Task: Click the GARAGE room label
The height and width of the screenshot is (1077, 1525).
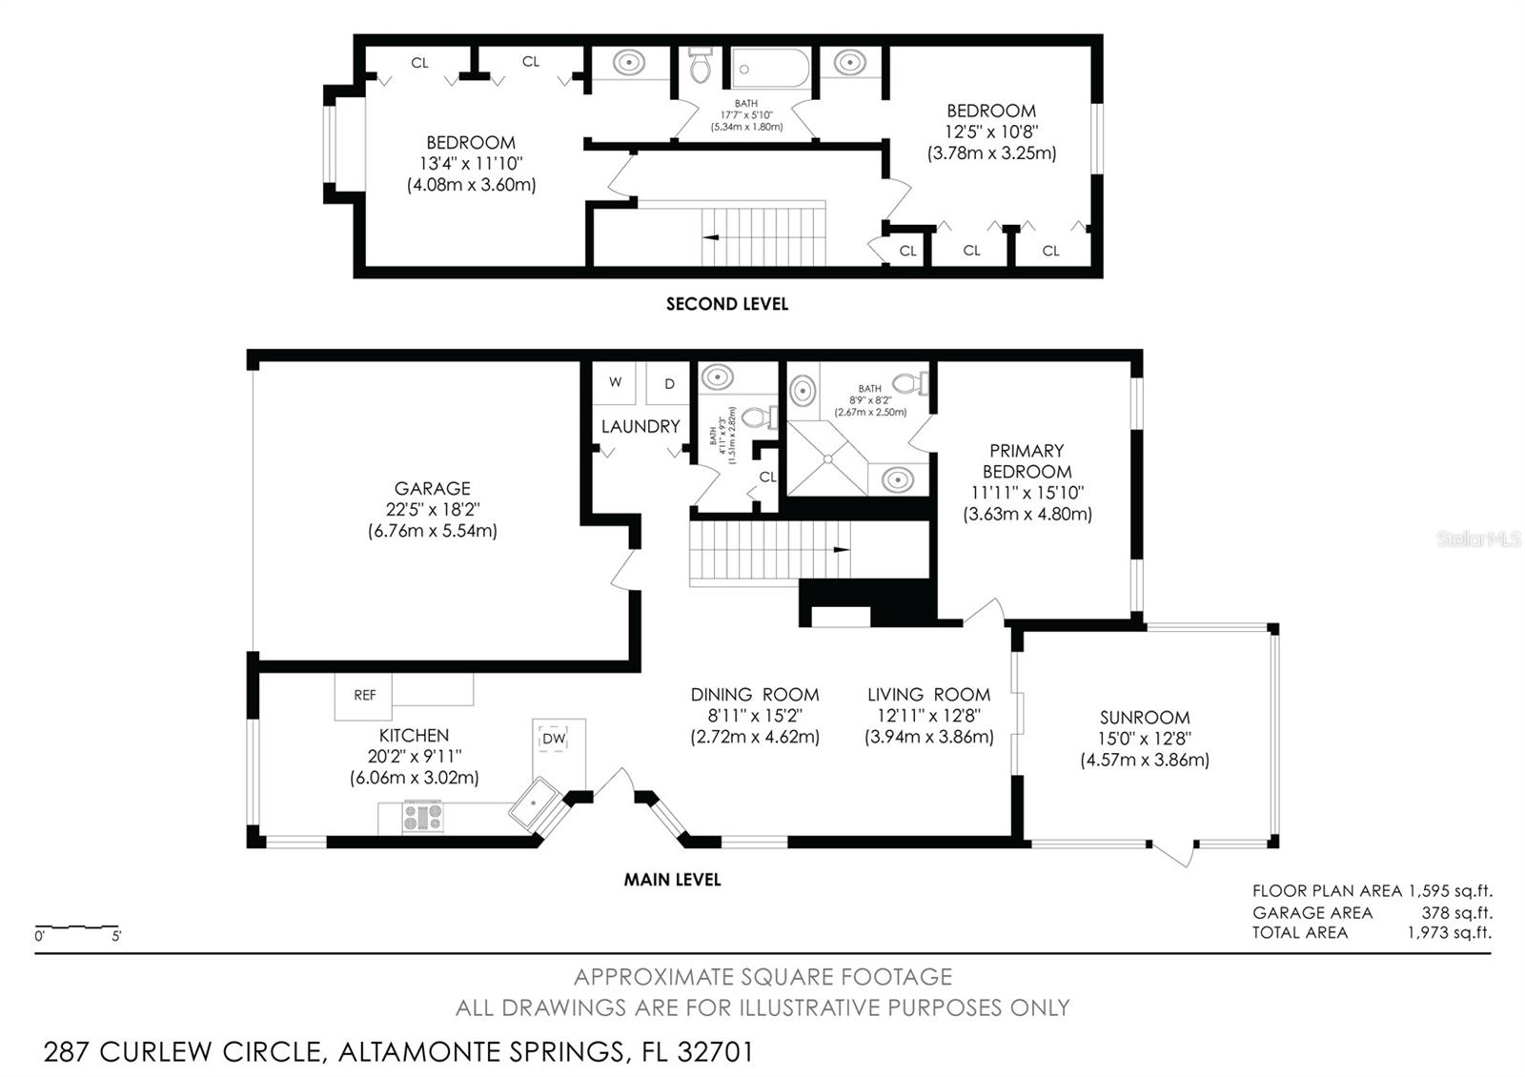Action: [x=433, y=489]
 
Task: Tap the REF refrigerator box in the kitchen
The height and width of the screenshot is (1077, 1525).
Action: [x=363, y=697]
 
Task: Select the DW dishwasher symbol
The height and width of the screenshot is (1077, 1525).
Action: [x=554, y=739]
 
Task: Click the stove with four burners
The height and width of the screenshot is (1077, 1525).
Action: [x=423, y=817]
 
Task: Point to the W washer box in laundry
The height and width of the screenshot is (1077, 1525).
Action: [x=614, y=382]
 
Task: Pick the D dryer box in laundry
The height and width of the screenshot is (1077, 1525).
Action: [x=668, y=382]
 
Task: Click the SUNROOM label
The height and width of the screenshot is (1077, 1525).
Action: [x=1145, y=718]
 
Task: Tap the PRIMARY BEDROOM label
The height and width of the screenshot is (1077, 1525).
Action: [x=1027, y=461]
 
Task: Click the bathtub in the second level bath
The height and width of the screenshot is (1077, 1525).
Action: [x=770, y=68]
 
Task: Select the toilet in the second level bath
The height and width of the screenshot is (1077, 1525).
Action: [x=700, y=66]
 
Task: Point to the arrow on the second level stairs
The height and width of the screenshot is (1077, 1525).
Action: [x=711, y=237]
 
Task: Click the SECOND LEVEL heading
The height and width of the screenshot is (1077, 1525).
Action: [x=727, y=304]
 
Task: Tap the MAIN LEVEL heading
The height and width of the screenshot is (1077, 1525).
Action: [x=672, y=880]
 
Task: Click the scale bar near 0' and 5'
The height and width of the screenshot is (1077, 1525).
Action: [x=77, y=927]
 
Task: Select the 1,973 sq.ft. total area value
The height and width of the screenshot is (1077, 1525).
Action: [x=1450, y=933]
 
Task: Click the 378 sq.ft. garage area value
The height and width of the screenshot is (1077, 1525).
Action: [x=1457, y=913]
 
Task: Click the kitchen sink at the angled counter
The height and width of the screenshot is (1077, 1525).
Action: [x=535, y=804]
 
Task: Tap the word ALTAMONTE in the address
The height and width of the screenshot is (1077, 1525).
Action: [x=480, y=1052]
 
